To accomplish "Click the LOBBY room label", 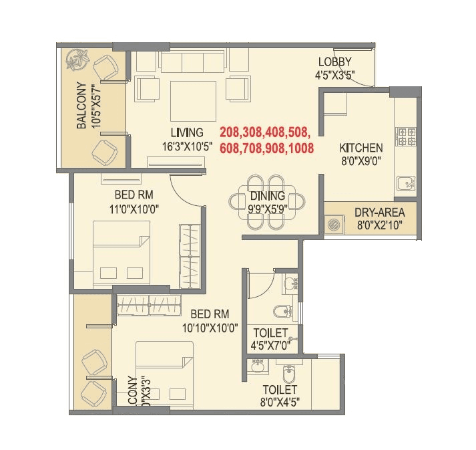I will [x=335, y=62].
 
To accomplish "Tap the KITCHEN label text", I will [x=361, y=148].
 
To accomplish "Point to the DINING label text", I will [x=268, y=197].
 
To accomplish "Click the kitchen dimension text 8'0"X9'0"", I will [x=361, y=161].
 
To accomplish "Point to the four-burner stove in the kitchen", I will [x=407, y=136].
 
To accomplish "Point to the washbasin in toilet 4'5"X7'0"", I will [x=290, y=285].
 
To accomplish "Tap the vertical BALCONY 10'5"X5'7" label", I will [x=88, y=106].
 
